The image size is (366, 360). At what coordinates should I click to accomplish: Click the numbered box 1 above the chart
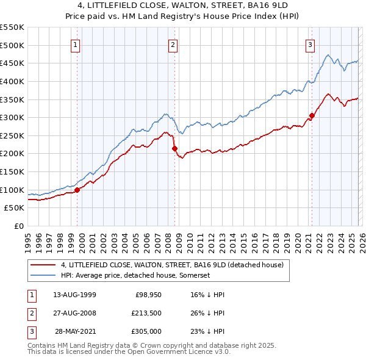[75, 45]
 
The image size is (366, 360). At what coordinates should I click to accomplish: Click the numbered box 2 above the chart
[173, 45]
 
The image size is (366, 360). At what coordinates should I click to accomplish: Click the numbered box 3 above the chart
[310, 45]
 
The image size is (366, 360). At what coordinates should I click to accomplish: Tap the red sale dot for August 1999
[77, 190]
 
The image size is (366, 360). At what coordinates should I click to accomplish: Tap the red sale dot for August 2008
[174, 148]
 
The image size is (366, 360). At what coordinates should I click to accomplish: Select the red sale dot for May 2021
[312, 115]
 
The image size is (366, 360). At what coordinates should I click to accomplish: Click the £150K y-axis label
[13, 171]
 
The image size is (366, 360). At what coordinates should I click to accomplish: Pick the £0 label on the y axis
[19, 226]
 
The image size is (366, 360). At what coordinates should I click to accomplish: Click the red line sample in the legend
[43, 265]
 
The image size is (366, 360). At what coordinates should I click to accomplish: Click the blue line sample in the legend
[43, 276]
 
